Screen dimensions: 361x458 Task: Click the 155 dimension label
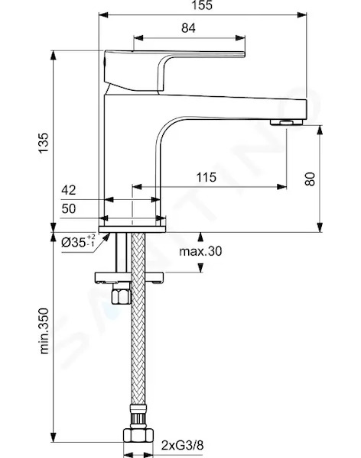(x=202, y=5)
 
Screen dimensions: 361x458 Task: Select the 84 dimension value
(x=188, y=27)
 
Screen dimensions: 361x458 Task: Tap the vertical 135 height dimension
(x=44, y=143)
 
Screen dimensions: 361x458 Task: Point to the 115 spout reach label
(x=206, y=177)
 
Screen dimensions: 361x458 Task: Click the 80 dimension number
(x=310, y=179)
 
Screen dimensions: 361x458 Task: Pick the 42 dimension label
(x=69, y=190)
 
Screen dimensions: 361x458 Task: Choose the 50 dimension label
(x=69, y=208)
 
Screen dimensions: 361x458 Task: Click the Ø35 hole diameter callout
(x=78, y=241)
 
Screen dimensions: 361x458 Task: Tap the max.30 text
(x=200, y=251)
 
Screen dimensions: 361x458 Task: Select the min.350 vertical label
(x=44, y=331)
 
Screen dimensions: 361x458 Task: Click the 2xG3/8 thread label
(x=182, y=446)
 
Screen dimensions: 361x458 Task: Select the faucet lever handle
(x=174, y=72)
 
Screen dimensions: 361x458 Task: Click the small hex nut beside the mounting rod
(x=121, y=293)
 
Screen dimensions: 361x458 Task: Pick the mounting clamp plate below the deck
(x=129, y=278)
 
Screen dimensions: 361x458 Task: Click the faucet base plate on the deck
(x=132, y=230)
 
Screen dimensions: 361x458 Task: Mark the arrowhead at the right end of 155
(x=302, y=15)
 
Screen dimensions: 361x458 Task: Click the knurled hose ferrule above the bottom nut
(x=138, y=421)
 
